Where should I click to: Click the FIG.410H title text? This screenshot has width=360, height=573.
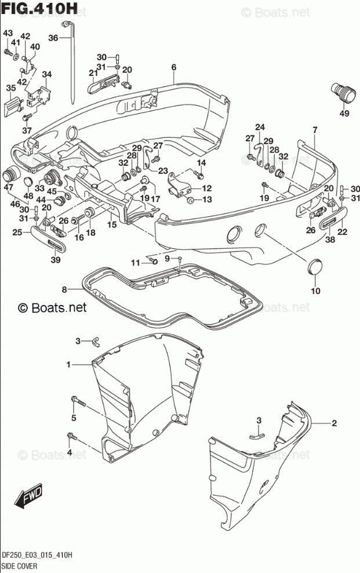coord(39,8)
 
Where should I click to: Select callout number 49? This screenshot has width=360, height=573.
coord(344,114)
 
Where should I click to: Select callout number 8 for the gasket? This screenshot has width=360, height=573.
coord(64,290)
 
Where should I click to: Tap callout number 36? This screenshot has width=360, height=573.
coord(53,38)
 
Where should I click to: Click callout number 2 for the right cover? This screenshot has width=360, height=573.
coord(334,423)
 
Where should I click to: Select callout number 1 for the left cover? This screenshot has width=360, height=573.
coord(68,364)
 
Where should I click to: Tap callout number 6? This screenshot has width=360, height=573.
coord(174,67)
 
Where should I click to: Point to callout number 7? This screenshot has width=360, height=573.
coord(315,130)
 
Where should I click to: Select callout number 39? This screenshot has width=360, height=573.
coord(56,260)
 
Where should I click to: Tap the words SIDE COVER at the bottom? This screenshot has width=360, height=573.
coord(19,566)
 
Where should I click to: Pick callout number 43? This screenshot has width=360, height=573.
coord(8,33)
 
